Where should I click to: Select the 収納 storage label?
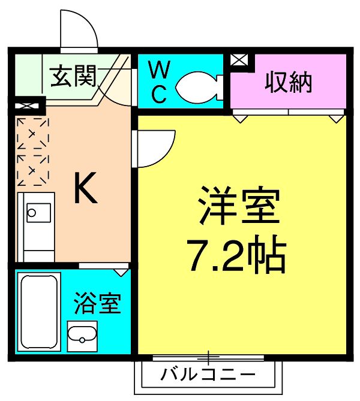pyautogui.click(x=289, y=82)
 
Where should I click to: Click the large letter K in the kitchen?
pyautogui.click(x=86, y=189)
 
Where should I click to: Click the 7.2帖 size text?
pyautogui.click(x=235, y=255)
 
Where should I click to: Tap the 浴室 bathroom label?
pyautogui.click(x=98, y=304)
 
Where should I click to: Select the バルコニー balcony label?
pyautogui.click(x=208, y=376)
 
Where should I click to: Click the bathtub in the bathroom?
pyautogui.click(x=39, y=310)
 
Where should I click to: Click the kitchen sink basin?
pyautogui.click(x=39, y=213)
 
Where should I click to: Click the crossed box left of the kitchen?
pyautogui.click(x=27, y=107)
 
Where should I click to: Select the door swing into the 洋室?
pyautogui.click(x=155, y=147)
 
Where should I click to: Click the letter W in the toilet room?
pyautogui.click(x=158, y=70)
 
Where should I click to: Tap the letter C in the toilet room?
pyautogui.click(x=158, y=95)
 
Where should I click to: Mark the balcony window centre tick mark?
pyautogui.click(x=208, y=358)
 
